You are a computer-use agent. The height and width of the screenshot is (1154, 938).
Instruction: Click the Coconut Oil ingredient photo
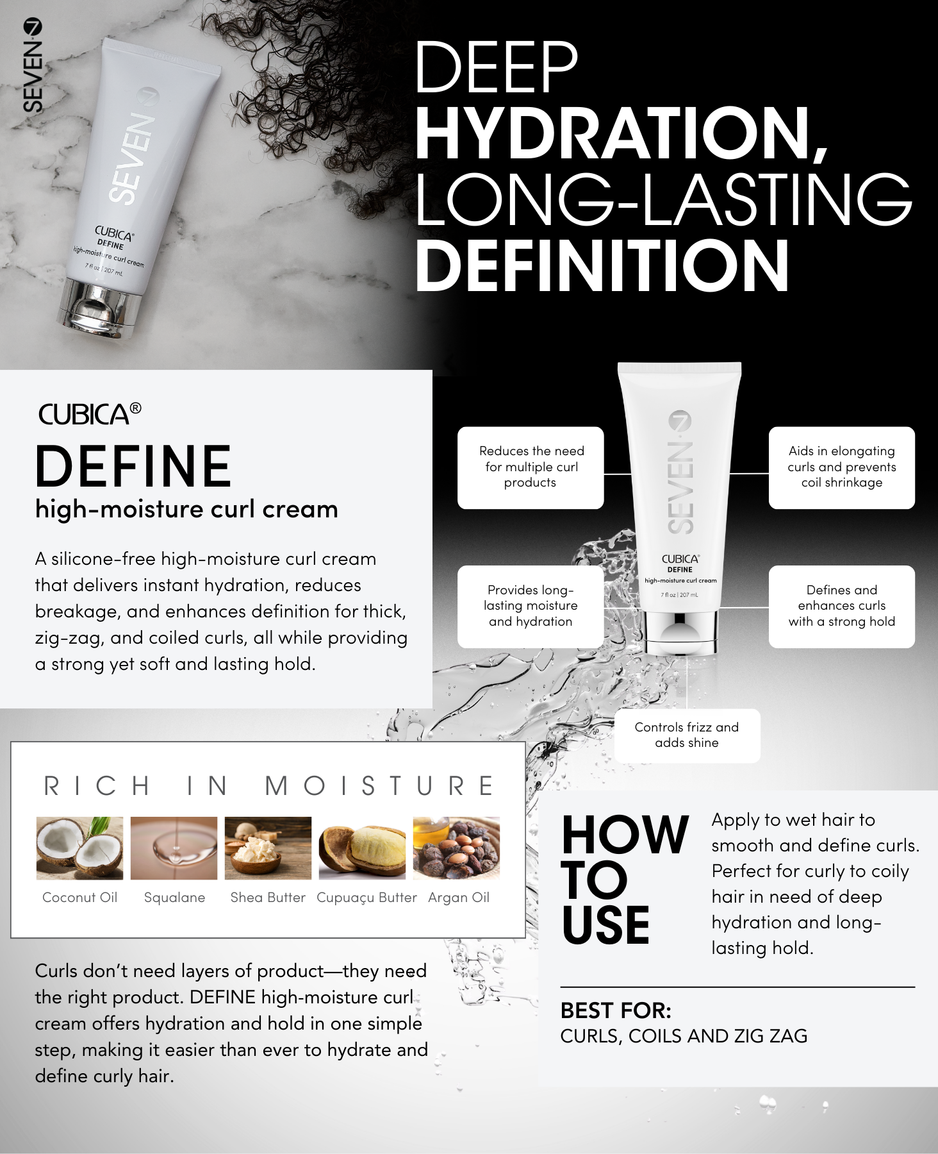tap(79, 848)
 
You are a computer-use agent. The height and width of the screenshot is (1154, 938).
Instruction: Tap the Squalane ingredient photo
tap(174, 848)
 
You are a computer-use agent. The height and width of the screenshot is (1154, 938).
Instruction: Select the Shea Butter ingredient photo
tap(268, 848)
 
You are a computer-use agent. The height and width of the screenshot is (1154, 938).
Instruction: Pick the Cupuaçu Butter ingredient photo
tap(362, 848)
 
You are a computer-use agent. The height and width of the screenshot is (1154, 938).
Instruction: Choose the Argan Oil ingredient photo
tap(456, 848)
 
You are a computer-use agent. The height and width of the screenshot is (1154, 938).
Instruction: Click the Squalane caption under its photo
tap(174, 898)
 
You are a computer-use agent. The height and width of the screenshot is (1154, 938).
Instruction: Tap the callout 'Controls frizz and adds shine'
tap(687, 735)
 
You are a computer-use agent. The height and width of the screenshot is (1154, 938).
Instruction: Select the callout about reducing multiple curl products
tap(531, 467)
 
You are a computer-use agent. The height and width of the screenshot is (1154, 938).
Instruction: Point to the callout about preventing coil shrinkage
tap(842, 467)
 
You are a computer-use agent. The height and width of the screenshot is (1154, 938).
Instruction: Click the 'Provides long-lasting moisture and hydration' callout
tap(531, 606)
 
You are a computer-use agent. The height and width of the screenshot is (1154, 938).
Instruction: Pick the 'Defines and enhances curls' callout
tap(842, 606)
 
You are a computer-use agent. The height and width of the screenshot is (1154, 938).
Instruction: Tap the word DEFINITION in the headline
tap(602, 265)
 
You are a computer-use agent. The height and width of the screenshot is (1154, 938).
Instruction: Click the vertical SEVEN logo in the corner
tap(32, 65)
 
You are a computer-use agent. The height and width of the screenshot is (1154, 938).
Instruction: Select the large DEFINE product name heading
tap(133, 466)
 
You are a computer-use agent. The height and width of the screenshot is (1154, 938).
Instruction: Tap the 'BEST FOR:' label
tap(616, 1011)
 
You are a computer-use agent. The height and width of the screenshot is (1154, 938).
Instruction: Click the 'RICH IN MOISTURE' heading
tap(268, 786)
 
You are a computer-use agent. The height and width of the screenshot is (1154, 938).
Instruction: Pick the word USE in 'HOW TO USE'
tap(605, 925)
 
